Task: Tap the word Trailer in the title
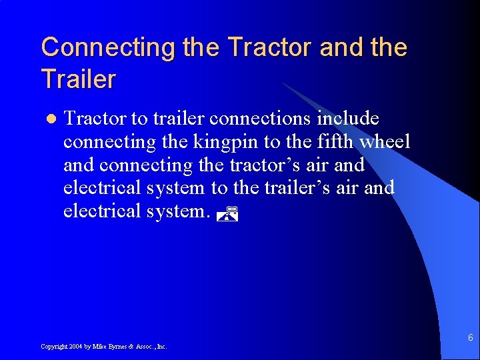coord(78,79)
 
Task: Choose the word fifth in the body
coord(329,142)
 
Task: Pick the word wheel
coord(386,142)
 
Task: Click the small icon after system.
coord(228,214)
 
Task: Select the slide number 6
coord(469,338)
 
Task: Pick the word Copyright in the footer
coord(53,347)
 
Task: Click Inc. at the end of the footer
coord(160,347)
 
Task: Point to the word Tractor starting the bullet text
coord(95,119)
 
